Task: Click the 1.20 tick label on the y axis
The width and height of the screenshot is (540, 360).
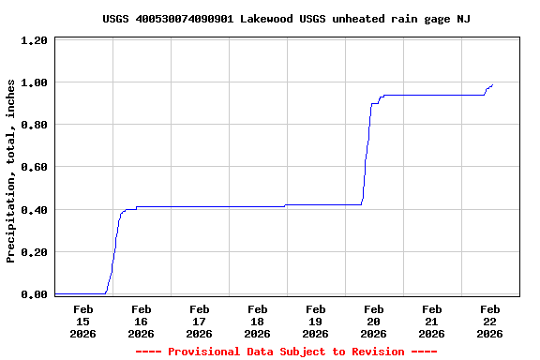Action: point(35,40)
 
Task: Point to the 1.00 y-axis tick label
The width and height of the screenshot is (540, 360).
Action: point(35,82)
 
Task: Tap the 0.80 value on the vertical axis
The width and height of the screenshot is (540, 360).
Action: point(35,125)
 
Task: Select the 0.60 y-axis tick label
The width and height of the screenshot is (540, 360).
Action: point(35,167)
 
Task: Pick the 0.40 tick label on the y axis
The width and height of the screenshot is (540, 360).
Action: point(35,210)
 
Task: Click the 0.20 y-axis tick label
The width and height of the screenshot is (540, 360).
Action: point(35,252)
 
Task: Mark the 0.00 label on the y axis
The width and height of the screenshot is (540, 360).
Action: point(35,294)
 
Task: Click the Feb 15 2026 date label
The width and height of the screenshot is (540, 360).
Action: point(82,321)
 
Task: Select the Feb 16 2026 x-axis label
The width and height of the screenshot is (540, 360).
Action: point(141,321)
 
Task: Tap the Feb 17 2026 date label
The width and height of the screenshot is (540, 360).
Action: point(199,321)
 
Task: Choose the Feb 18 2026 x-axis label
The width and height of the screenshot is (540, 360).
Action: point(257,321)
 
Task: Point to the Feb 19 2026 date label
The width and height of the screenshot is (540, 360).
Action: point(315,321)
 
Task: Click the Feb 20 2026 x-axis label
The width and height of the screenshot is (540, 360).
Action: point(373,321)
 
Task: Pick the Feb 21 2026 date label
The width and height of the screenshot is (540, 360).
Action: point(431,321)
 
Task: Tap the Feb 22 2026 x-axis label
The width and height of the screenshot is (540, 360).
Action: point(489,321)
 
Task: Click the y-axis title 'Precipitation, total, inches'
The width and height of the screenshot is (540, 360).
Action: point(11,171)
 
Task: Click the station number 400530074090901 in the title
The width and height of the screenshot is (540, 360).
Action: point(185,19)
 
